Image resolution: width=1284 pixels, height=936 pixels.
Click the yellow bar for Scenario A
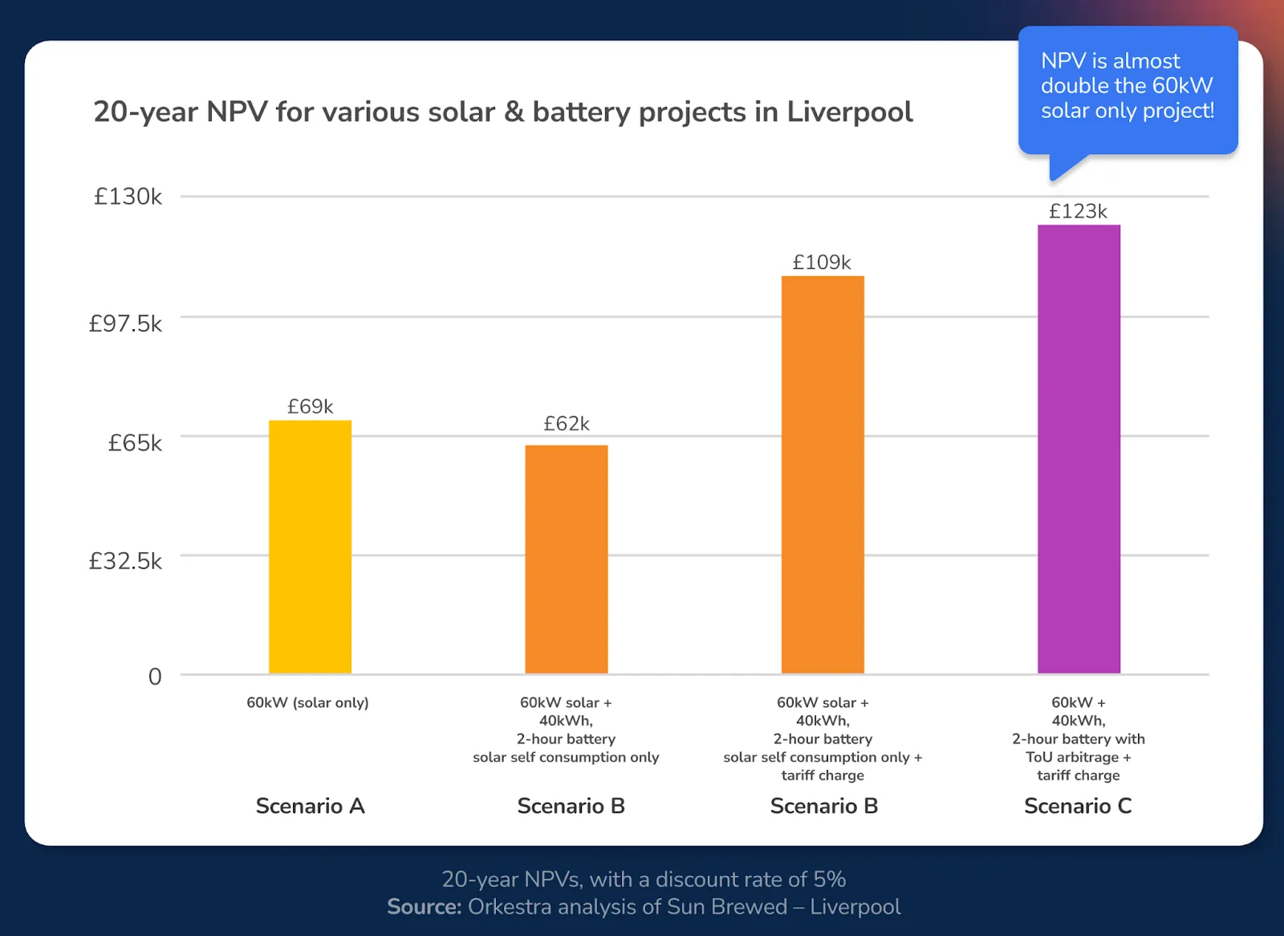(310, 547)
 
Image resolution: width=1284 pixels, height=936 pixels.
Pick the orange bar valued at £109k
(823, 474)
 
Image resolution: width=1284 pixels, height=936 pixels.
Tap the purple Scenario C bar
(1079, 449)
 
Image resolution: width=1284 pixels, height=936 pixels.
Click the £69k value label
(310, 407)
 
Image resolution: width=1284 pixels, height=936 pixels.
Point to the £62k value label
(566, 424)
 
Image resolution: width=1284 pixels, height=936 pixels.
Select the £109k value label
(822, 262)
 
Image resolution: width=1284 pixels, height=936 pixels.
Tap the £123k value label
(1078, 211)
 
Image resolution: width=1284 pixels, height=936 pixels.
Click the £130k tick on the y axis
(128, 197)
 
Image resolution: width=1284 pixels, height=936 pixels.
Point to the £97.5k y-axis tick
(125, 324)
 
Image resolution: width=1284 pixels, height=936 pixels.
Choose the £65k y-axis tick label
(135, 443)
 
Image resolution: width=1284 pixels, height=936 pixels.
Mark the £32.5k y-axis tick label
(125, 561)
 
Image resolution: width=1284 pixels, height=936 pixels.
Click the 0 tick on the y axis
(155, 677)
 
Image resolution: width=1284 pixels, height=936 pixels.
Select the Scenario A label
(310, 806)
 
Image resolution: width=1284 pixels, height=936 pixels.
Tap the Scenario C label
(1078, 806)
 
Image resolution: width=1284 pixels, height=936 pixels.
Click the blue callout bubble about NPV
(1128, 87)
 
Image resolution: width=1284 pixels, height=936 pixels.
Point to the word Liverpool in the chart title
(849, 112)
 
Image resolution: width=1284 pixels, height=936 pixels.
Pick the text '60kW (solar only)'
(307, 703)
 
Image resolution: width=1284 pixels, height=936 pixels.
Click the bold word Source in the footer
(424, 907)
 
